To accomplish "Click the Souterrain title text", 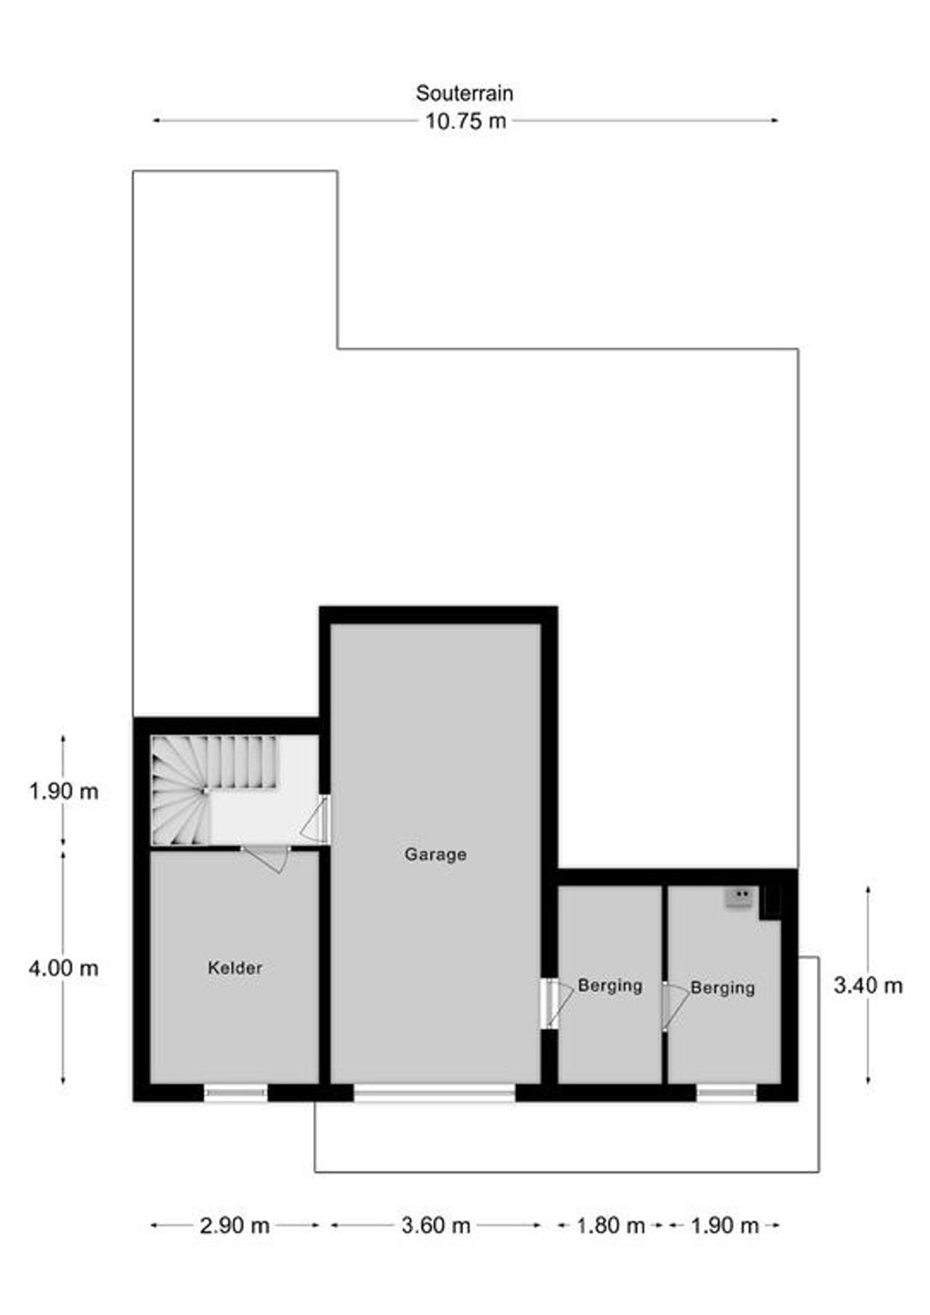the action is (464, 93).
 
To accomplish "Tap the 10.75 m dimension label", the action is (465, 121).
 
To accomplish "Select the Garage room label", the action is (435, 854).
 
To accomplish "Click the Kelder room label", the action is (235, 967).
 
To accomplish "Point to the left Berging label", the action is (610, 985).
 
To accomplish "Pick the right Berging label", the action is (722, 987).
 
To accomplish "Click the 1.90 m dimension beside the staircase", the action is (63, 792).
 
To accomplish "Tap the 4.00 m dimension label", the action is (63, 968).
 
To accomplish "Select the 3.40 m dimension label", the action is (868, 985).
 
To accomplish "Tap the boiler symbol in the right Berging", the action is (738, 899).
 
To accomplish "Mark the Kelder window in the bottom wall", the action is (236, 1092).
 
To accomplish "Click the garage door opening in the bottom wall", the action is (435, 1092).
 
